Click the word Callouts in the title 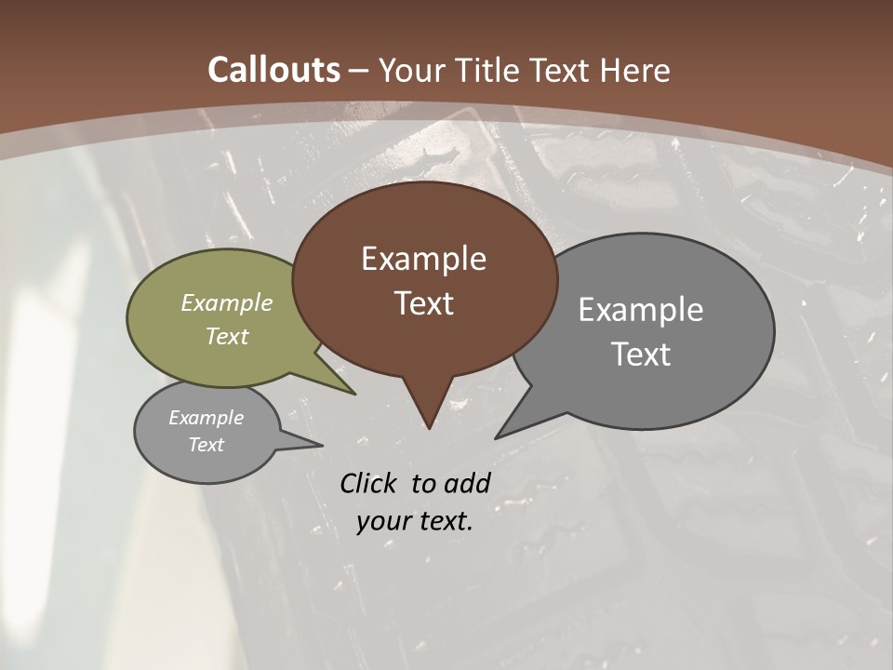273,70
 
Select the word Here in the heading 636,70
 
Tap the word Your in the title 412,70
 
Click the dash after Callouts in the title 358,70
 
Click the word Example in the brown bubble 423,259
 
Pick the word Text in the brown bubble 423,303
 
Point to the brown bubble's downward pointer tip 429,425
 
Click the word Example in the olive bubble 227,302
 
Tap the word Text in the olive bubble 227,336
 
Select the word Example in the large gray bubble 641,309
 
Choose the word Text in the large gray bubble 641,354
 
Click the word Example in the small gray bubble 207,418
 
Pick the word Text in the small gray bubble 207,445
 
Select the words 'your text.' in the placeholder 415,521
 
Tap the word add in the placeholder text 466,483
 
